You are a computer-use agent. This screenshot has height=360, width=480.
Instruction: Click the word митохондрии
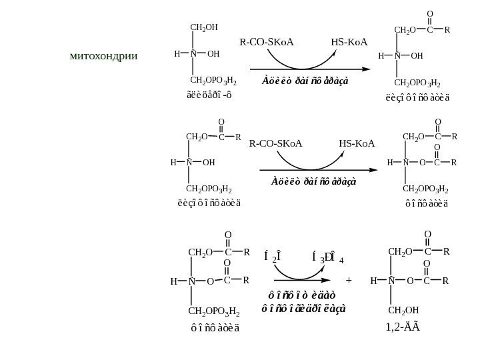[x=103, y=55]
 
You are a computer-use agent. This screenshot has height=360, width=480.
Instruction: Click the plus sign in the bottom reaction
[x=349, y=281]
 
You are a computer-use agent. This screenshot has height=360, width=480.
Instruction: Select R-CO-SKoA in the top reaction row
[x=267, y=43]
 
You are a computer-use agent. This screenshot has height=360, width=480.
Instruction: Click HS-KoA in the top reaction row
[x=349, y=43]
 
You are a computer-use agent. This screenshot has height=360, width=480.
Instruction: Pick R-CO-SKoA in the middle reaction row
[x=275, y=143]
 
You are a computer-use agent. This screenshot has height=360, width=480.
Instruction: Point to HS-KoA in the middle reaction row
[x=357, y=143]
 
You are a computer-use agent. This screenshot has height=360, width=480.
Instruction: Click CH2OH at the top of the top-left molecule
[x=203, y=27]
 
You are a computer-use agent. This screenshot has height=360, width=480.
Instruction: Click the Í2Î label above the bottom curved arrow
[x=272, y=257]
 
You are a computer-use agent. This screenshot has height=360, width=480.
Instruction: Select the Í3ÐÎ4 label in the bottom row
[x=327, y=257]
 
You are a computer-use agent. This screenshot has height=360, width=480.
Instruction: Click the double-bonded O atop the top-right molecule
[x=429, y=13]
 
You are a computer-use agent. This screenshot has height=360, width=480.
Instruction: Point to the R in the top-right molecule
[x=447, y=30]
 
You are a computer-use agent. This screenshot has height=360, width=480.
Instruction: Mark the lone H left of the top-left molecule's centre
[x=177, y=54]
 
